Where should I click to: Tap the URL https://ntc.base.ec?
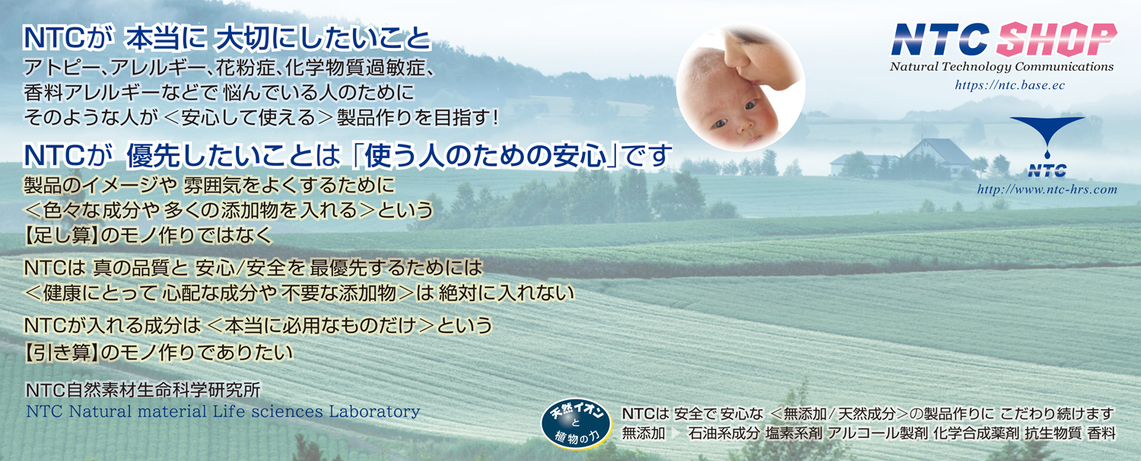[1009, 85]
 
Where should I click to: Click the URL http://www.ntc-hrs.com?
[1047, 189]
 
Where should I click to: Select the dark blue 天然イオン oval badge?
[576, 424]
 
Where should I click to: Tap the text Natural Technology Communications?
[1002, 67]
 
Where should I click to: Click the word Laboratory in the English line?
[374, 411]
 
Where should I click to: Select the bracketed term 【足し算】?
[61, 235]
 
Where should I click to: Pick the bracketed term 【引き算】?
[61, 352]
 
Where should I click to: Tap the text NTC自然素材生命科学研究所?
[143, 390]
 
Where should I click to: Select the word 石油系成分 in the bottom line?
[724, 434]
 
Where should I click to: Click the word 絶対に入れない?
[506, 293]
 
